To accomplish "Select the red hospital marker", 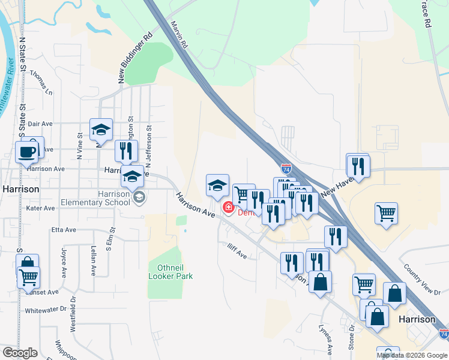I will click(228, 208).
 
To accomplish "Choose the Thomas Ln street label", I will click(41, 84).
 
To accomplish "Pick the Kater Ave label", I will click(41, 208).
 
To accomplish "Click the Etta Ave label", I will click(64, 230).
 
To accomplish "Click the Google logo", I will click(20, 352).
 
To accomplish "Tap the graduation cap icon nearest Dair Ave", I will click(101, 130).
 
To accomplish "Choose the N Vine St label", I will click(79, 149).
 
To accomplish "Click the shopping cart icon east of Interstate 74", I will click(386, 214).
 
